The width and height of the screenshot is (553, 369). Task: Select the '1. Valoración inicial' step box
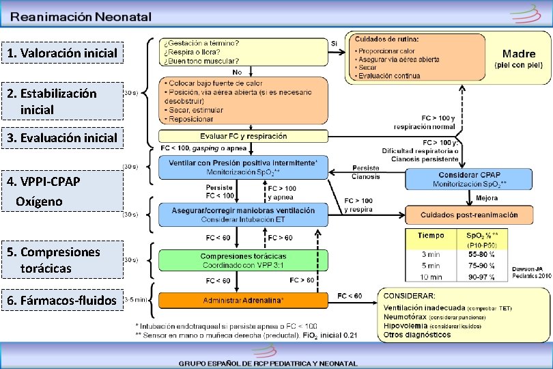point(62,53)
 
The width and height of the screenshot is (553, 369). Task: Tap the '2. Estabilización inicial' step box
point(62,100)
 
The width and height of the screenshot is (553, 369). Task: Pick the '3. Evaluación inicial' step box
point(62,137)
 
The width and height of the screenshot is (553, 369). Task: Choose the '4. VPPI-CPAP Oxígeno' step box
point(62,191)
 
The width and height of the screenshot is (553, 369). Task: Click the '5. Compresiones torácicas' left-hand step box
point(62,260)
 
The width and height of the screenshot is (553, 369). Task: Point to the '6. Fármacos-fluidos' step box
point(62,299)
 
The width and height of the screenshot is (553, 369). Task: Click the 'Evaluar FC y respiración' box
point(244,136)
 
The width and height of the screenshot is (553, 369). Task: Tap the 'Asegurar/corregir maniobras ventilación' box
point(244,215)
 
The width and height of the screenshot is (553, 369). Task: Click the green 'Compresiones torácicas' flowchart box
point(244,260)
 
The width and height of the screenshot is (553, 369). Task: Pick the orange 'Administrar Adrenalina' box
point(244,300)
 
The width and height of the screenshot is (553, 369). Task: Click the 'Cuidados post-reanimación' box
point(468,215)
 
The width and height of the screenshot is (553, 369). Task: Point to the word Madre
point(519,53)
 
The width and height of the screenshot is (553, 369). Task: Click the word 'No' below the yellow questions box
point(237,72)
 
